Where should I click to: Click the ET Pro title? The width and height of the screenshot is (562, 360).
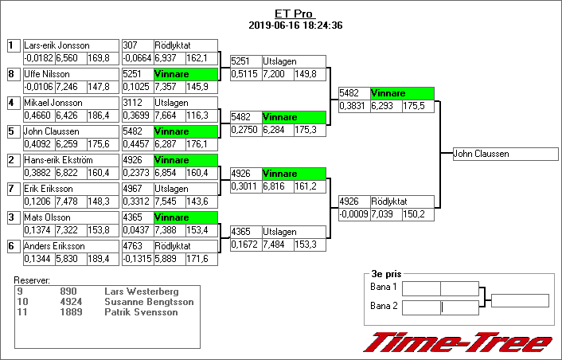tap(295, 14)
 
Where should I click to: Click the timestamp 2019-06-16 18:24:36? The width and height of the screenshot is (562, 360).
tap(295, 25)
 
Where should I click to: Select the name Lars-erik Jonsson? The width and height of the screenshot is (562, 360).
tap(57, 45)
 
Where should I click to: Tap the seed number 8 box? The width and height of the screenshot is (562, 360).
tap(11, 74)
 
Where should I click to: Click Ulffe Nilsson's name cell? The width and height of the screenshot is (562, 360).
tap(47, 74)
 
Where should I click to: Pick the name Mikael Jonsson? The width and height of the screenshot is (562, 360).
tap(53, 103)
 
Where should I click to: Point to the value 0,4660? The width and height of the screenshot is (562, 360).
tap(38, 115)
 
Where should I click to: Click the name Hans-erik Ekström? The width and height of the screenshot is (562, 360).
tap(60, 160)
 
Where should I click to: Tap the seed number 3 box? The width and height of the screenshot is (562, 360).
tap(11, 217)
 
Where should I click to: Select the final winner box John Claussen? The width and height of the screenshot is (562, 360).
tap(504, 155)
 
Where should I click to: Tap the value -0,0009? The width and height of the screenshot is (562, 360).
tap(353, 214)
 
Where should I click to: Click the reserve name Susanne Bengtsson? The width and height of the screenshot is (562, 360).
tap(141, 303)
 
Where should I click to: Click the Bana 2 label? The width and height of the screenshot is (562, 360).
tap(383, 306)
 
